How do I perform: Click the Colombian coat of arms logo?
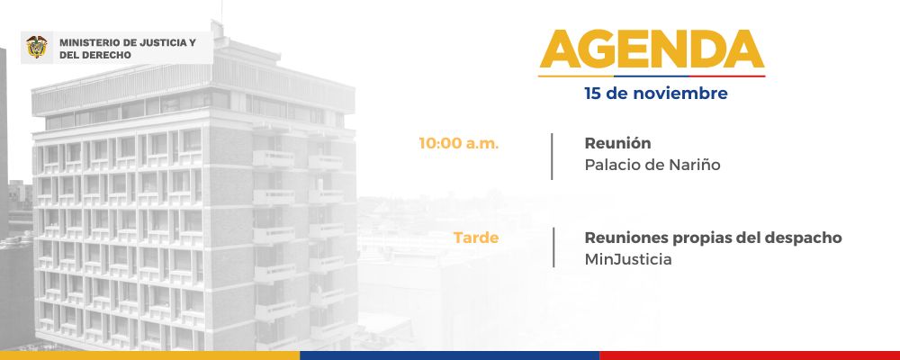[37, 47]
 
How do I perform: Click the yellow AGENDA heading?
[652, 49]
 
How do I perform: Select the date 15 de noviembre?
[656, 93]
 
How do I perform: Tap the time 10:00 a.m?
[459, 143]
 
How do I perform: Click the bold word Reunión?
[617, 142]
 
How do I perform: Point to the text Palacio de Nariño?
[652, 165]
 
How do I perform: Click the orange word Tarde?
[476, 237]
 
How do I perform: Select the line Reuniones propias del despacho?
[713, 238]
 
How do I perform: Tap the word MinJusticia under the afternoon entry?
[628, 259]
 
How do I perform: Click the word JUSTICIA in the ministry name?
[163, 42]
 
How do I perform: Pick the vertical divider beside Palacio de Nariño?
[553, 157]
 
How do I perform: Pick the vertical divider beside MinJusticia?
[553, 247]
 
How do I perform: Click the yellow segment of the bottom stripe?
[149, 355]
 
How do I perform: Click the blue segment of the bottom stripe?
[449, 355]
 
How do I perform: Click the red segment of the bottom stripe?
[750, 355]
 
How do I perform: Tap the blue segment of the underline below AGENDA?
[652, 76]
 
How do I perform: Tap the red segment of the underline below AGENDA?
[727, 76]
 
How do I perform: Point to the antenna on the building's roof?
[221, 13]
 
